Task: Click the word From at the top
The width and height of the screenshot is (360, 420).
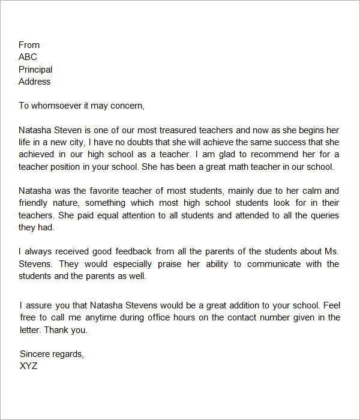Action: pyautogui.click(x=29, y=45)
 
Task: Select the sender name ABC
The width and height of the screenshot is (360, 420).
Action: pyautogui.click(x=28, y=57)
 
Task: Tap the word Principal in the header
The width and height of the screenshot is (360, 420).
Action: pyautogui.click(x=35, y=70)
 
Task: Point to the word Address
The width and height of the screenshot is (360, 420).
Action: pyautogui.click(x=34, y=82)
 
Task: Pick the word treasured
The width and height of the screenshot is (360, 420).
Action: pyautogui.click(x=187, y=130)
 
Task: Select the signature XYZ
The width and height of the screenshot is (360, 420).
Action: pyautogui.click(x=28, y=366)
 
